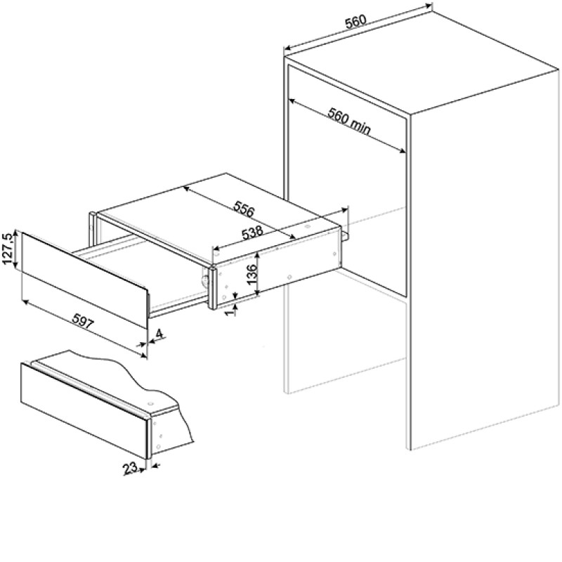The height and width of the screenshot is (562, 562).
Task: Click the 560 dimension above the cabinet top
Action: pos(356,21)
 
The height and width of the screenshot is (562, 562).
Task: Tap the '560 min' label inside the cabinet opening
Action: pos(349,122)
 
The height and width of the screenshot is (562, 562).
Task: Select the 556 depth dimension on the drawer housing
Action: pos(243,209)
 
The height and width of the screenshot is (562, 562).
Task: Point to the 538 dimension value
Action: pos(252,233)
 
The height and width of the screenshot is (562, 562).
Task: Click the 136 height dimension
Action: pos(252,274)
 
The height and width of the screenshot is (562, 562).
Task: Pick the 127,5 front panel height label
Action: pos(8,249)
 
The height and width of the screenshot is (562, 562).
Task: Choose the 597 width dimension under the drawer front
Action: pos(83,322)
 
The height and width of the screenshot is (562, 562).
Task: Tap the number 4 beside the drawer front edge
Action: pos(159,334)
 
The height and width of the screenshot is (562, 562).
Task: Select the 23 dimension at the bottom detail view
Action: pos(130,468)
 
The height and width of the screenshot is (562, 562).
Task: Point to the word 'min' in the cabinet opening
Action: pos(359,127)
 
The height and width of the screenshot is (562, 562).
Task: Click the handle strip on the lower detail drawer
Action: pos(90,388)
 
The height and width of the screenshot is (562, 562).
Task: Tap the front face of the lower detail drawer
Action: pos(84,410)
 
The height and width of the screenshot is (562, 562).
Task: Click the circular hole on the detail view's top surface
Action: pos(150,403)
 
